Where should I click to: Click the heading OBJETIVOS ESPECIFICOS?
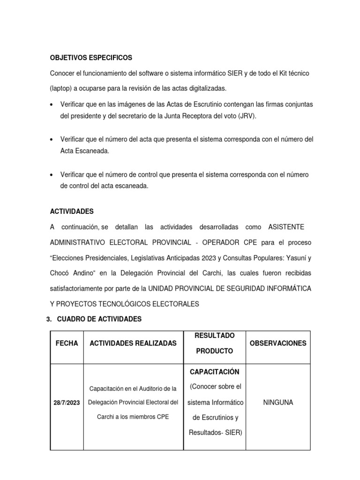(x=91, y=58)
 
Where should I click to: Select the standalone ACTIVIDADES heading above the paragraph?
(x=72, y=211)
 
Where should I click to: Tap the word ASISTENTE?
(x=286, y=227)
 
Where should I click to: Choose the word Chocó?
(x=61, y=273)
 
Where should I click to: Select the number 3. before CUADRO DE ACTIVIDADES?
(x=49, y=319)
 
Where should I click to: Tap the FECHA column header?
(x=67, y=343)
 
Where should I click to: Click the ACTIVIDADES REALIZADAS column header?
(x=133, y=343)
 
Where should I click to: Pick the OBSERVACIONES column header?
(x=278, y=343)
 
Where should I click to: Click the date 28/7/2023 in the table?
(x=67, y=403)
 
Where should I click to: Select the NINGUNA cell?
(x=278, y=402)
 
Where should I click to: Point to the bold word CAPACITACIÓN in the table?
(x=214, y=372)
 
